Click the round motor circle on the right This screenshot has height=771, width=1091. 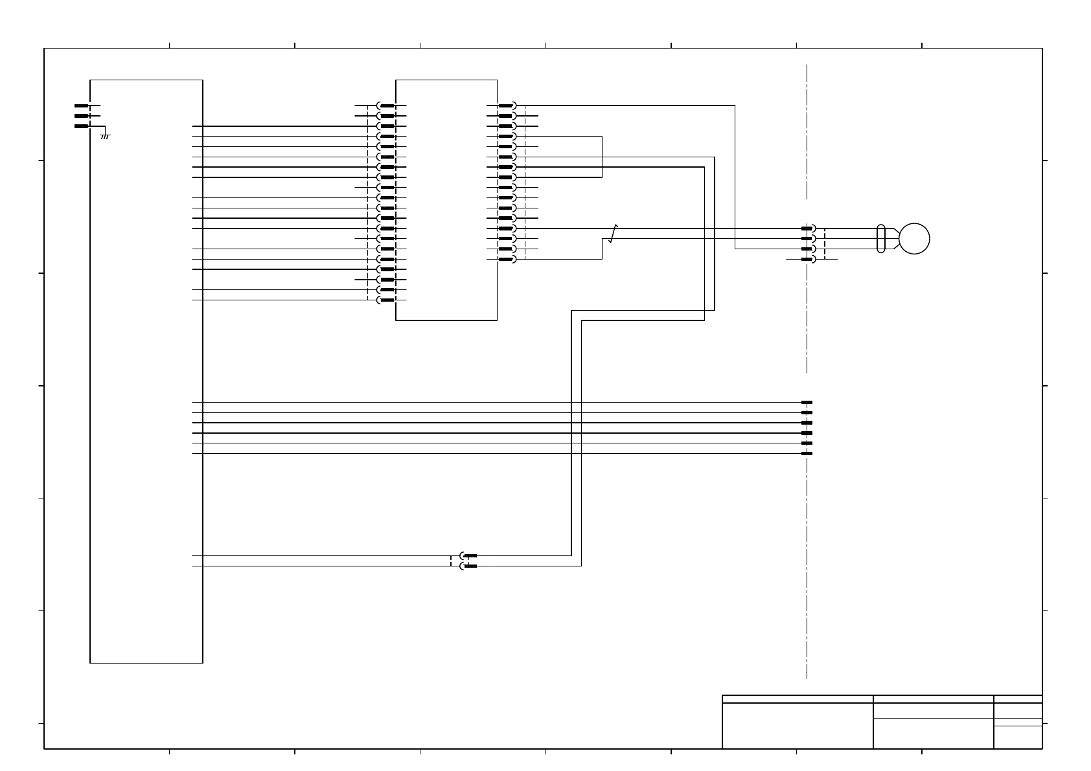[914, 239]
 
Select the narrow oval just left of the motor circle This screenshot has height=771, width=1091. [880, 239]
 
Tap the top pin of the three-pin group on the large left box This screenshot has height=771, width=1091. [82, 106]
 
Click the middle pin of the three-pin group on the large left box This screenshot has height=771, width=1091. [82, 116]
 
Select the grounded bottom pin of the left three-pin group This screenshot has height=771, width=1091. [82, 126]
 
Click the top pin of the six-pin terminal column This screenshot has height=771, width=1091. [807, 403]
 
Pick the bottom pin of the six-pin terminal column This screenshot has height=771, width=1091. [807, 454]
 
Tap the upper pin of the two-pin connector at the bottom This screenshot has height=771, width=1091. [470, 556]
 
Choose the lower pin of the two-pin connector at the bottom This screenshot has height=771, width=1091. [470, 566]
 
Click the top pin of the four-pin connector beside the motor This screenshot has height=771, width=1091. [807, 229]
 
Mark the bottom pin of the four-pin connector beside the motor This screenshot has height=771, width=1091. [807, 260]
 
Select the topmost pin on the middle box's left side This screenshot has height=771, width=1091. [387, 106]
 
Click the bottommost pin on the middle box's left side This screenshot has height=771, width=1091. [387, 300]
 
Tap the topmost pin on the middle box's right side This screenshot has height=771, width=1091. [506, 106]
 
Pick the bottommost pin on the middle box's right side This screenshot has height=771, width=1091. [506, 260]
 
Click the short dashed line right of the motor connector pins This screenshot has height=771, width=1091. [825, 244]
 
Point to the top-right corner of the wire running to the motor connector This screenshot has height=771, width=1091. [735, 106]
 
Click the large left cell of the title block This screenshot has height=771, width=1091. [798, 726]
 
